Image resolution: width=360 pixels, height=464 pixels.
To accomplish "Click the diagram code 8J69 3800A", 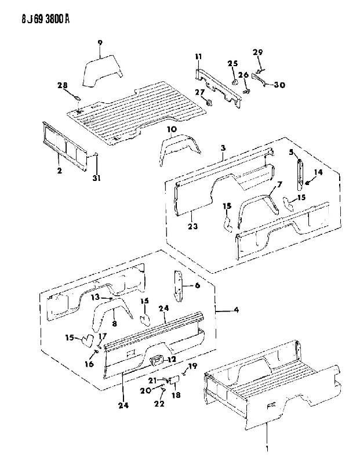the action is [45, 20].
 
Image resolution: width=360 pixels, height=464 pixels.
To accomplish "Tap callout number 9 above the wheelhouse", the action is [100, 43].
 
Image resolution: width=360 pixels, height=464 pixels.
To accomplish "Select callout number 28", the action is [63, 85].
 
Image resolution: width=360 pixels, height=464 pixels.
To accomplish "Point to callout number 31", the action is [97, 178].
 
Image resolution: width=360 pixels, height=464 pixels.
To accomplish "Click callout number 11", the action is [198, 56].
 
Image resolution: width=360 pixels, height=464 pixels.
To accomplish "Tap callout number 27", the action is [199, 92].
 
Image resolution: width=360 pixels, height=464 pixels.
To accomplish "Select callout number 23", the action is [192, 227].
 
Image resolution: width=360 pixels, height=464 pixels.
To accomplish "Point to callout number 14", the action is [318, 172].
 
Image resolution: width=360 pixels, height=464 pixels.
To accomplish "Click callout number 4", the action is [236, 310].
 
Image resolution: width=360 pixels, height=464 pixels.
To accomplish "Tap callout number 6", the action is [197, 285].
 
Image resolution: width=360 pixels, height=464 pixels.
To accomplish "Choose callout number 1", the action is [267, 458].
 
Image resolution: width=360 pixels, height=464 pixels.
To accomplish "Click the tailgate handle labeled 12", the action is [157, 360].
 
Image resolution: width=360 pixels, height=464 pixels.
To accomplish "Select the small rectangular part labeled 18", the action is [174, 379].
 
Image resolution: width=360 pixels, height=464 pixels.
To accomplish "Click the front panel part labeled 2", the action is [66, 146].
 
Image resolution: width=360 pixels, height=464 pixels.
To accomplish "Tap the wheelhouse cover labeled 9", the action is [102, 71].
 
